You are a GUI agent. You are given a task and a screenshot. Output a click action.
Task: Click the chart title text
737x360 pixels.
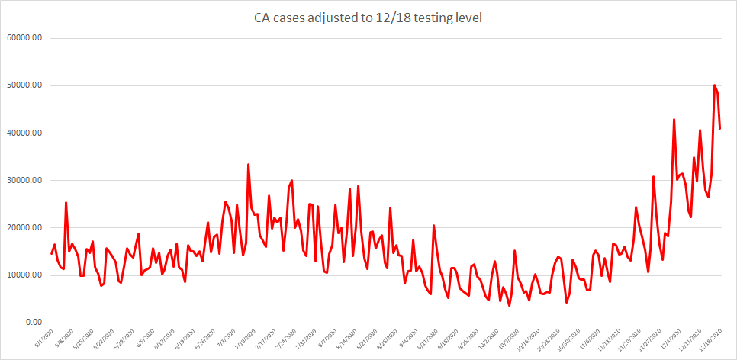point(368,18)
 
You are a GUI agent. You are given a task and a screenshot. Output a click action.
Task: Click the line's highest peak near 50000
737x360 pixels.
point(714,85)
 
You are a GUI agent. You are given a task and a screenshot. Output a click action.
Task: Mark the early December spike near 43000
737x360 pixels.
point(674,119)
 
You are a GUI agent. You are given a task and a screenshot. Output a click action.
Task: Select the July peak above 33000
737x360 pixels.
point(248,164)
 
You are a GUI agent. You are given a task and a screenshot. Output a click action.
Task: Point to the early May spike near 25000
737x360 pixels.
point(66,202)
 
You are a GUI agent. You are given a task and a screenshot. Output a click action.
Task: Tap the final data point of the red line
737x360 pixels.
point(720,128)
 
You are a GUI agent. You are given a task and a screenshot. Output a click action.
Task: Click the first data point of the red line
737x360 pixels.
point(52,253)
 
